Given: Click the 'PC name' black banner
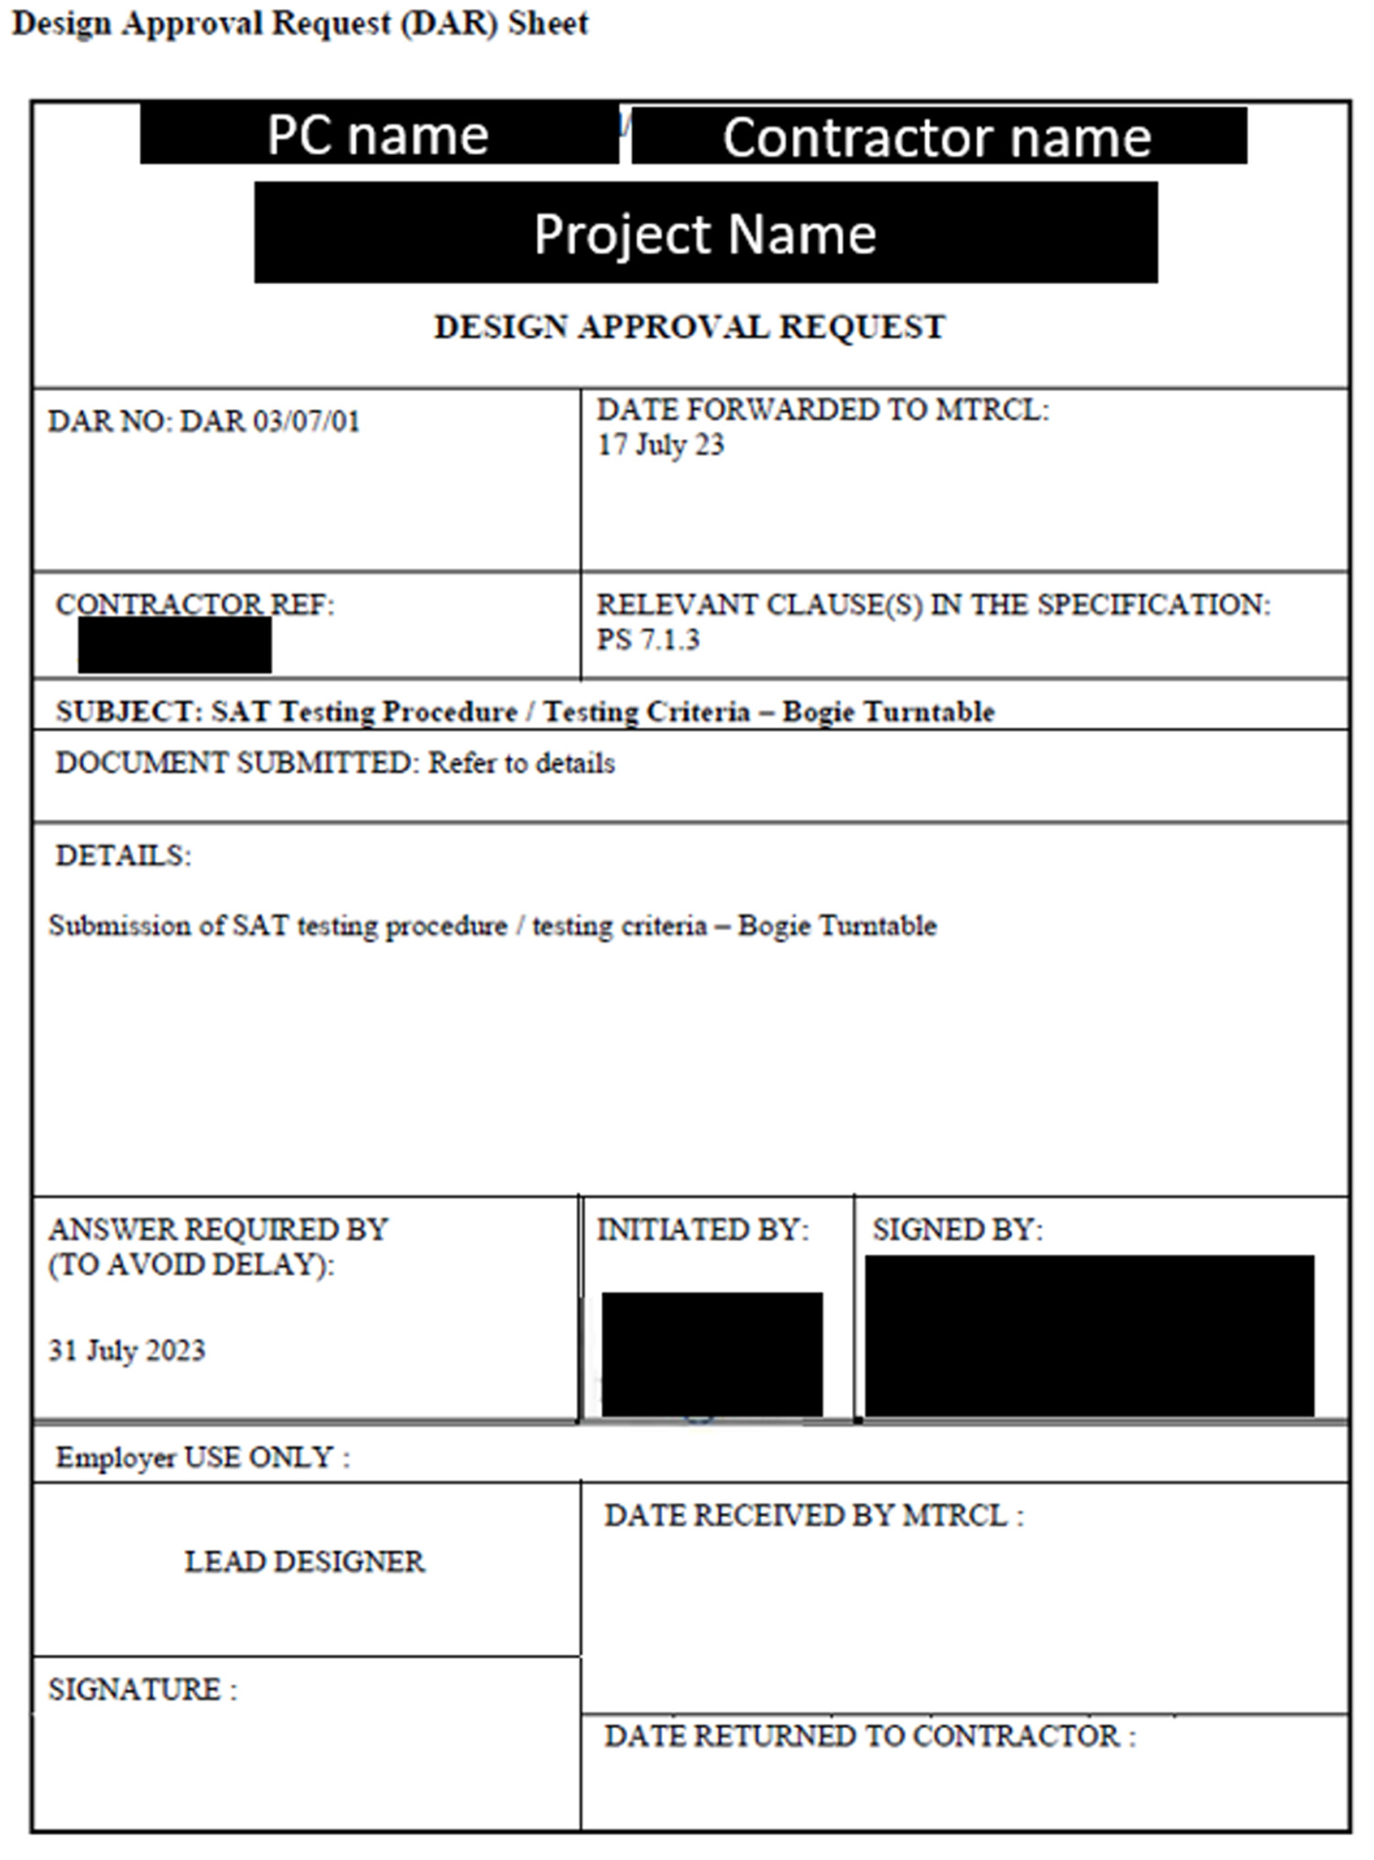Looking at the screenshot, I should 378,136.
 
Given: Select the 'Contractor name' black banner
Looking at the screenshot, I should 938,137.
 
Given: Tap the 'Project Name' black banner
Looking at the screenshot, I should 705,233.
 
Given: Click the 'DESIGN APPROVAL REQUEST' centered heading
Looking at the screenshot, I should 689,327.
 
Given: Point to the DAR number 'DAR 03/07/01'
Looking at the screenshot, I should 269,421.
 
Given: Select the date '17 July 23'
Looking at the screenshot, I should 660,445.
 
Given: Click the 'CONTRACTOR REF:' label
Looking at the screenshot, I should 195,605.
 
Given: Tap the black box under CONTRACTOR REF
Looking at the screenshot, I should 174,645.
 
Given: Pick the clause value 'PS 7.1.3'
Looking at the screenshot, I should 648,640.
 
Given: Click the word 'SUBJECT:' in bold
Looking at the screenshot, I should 129,712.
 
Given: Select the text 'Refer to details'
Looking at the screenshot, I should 521,763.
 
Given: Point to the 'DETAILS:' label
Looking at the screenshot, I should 123,856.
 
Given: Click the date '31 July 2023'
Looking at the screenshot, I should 126,1351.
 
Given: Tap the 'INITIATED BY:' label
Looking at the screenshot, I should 703,1230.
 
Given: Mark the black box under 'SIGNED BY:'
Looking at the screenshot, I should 1089,1336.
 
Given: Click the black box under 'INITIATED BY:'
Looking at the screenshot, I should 712,1353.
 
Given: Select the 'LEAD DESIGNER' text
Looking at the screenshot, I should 304,1561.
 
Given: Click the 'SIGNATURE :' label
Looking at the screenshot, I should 142,1690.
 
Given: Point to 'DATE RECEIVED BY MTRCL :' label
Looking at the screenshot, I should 813,1516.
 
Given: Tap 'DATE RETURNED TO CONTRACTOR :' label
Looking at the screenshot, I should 869,1736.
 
